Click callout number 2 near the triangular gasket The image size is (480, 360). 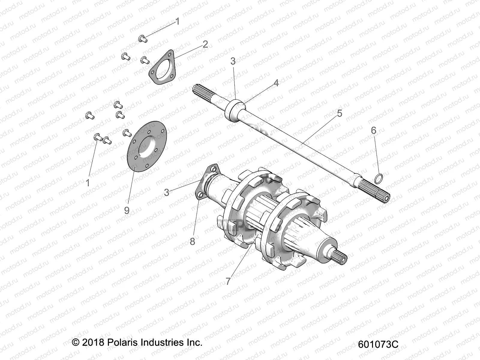click(x=205, y=44)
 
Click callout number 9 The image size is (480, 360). click(x=127, y=211)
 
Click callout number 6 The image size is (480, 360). click(x=373, y=130)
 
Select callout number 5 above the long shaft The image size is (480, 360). click(x=339, y=113)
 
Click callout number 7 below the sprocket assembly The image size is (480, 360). click(x=228, y=281)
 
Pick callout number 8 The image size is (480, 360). click(x=192, y=241)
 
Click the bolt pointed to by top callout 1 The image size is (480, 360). click(x=142, y=38)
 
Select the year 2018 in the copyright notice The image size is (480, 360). click(x=92, y=342)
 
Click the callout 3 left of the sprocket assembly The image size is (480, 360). click(x=167, y=192)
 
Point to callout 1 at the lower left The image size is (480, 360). click(x=88, y=182)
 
